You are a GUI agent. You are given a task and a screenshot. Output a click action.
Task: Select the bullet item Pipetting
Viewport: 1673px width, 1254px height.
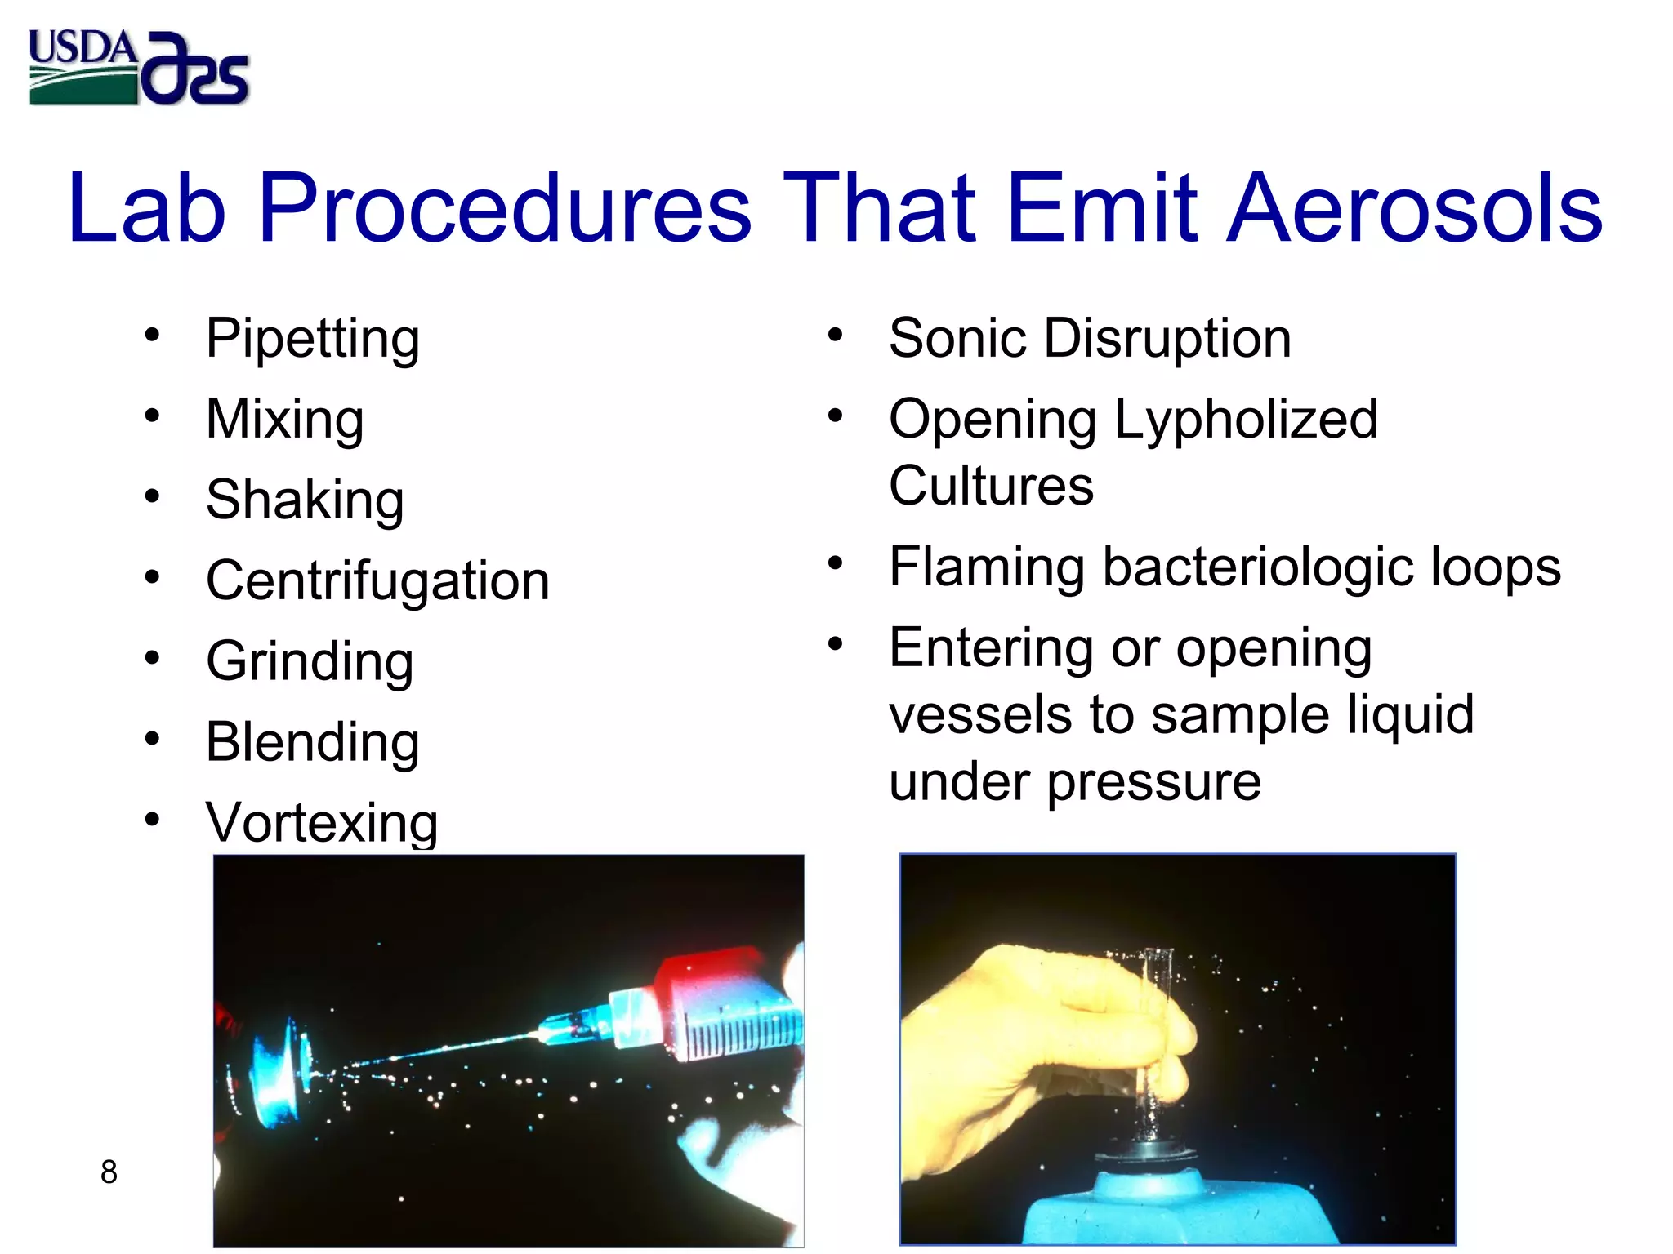[x=312, y=339]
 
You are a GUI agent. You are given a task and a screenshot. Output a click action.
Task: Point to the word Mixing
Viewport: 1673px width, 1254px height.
[x=284, y=420]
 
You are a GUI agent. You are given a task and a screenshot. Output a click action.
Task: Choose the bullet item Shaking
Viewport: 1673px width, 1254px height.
[x=305, y=500]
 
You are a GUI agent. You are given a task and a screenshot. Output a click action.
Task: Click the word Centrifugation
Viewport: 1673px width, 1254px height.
[x=377, y=581]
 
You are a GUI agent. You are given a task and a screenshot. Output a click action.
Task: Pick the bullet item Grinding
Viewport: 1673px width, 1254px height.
[x=310, y=662]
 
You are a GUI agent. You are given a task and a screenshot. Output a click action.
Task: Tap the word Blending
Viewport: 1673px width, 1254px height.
[x=312, y=743]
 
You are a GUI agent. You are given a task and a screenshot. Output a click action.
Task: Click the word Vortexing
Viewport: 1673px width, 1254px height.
[x=322, y=822]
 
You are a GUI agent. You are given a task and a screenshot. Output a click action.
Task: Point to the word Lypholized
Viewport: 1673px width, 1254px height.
[x=1245, y=420]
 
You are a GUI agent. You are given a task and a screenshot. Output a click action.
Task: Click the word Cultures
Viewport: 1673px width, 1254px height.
[x=991, y=487]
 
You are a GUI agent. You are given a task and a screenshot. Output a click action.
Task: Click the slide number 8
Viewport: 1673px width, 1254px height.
[x=109, y=1172]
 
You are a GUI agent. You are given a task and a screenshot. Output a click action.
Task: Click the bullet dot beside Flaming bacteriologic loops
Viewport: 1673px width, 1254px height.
[x=834, y=563]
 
